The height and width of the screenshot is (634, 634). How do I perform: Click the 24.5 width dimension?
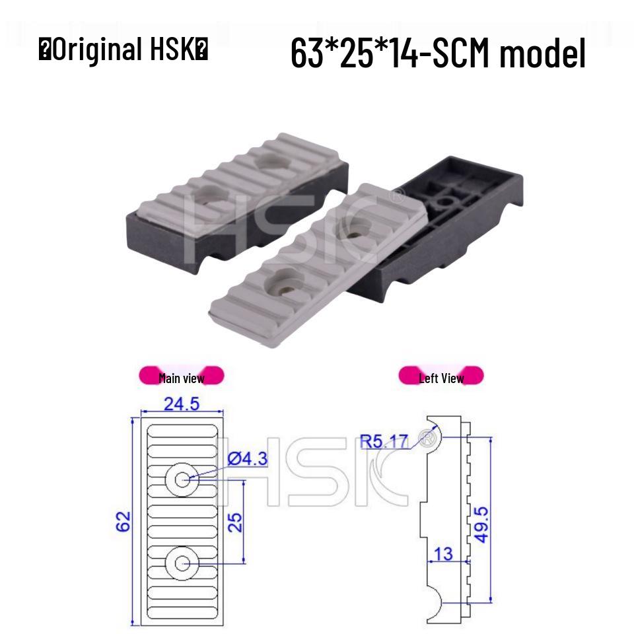[x=182, y=404]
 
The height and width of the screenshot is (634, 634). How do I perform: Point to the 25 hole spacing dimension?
[x=236, y=522]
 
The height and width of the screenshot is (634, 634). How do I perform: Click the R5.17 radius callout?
[x=385, y=440]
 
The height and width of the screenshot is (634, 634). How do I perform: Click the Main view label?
[x=182, y=378]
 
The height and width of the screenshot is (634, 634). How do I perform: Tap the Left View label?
[x=441, y=378]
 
